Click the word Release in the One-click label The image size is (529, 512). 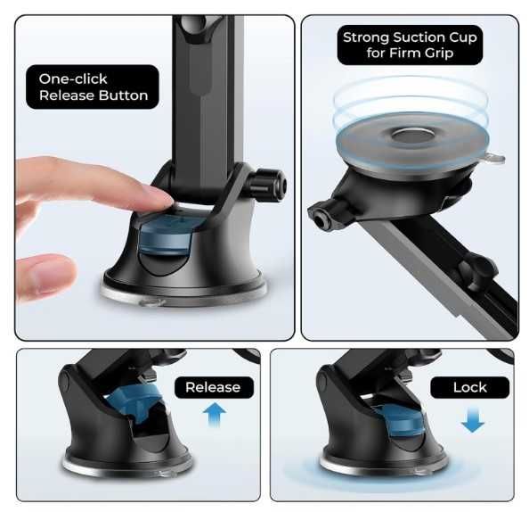[x=66, y=95]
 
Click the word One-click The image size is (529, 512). [x=73, y=78]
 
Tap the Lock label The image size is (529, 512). [x=469, y=387]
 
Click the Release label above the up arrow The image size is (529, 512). [x=214, y=387]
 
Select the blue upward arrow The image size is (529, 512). [x=215, y=415]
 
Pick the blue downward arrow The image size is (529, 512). [x=473, y=420]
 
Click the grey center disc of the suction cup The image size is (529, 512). [x=412, y=136]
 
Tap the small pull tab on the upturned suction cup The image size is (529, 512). [x=494, y=158]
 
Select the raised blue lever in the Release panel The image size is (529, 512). [x=134, y=403]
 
